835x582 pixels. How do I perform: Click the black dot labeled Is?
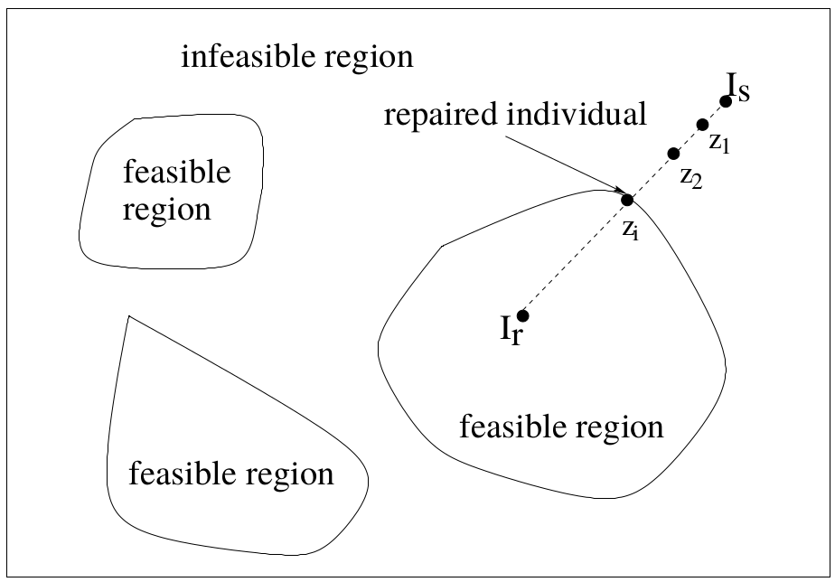coord(725,101)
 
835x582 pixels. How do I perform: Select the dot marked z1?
coord(702,125)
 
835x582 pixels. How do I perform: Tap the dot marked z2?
coord(672,154)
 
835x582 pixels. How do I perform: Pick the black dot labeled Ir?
coord(522,315)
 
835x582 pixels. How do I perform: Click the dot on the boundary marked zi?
coord(627,200)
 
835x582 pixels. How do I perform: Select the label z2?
coord(690,177)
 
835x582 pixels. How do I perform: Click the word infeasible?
coord(238,59)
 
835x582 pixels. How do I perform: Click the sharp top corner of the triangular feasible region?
coord(129,315)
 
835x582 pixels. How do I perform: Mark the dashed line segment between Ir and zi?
coord(575,258)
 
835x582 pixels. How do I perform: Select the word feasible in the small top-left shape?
coord(176,172)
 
